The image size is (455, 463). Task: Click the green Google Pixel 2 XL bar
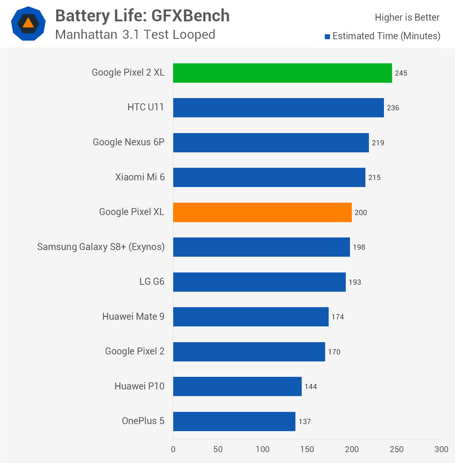pyautogui.click(x=282, y=73)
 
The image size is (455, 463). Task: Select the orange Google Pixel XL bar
pyautogui.click(x=262, y=212)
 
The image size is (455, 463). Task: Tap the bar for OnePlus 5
pyautogui.click(x=234, y=421)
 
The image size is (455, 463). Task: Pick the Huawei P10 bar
pyautogui.click(x=237, y=386)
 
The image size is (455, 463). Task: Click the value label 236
pyautogui.click(x=393, y=108)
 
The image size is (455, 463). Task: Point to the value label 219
pyautogui.click(x=378, y=143)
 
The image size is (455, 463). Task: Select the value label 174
pyautogui.click(x=337, y=317)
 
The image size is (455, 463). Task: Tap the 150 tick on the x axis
pyautogui.click(x=307, y=449)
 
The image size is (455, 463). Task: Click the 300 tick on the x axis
pyautogui.click(x=441, y=449)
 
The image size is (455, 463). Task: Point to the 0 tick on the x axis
pyautogui.click(x=173, y=449)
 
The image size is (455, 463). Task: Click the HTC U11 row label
pyautogui.click(x=146, y=107)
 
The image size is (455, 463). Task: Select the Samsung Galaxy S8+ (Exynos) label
pyautogui.click(x=101, y=247)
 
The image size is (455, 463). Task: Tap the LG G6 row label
pyautogui.click(x=152, y=282)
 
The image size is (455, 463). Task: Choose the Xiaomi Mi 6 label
pyautogui.click(x=140, y=177)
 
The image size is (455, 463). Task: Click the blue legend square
pyautogui.click(x=328, y=37)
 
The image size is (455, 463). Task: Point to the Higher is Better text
pyautogui.click(x=407, y=18)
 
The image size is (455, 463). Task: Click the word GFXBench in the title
pyautogui.click(x=190, y=16)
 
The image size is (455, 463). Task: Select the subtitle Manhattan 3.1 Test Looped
pyautogui.click(x=135, y=35)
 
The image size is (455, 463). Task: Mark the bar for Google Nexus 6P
pyautogui.click(x=271, y=143)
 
